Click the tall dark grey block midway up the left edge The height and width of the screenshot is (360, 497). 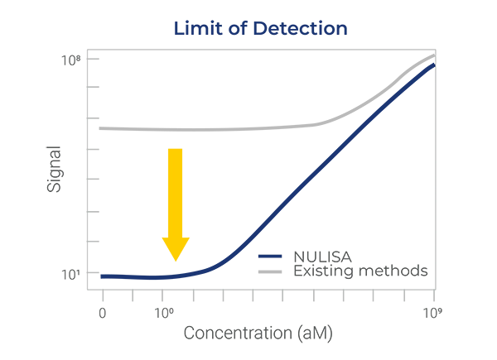[58, 166]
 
